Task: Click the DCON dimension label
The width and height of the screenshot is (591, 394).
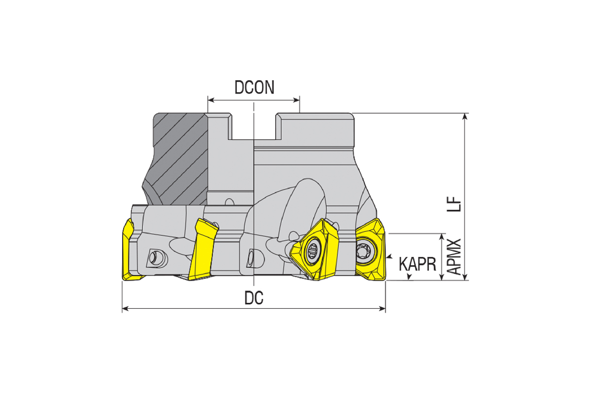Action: click(254, 87)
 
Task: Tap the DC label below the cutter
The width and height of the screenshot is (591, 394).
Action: click(254, 297)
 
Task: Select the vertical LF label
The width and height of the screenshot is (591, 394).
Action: click(454, 204)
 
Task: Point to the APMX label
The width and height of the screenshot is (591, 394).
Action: click(454, 257)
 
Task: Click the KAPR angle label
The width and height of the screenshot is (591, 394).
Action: click(418, 264)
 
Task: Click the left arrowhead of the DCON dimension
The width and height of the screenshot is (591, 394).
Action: click(211, 100)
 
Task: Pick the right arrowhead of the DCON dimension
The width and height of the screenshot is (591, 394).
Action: click(296, 100)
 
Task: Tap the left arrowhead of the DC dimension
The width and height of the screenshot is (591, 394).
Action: click(125, 308)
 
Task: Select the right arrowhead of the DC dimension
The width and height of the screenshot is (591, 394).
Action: click(382, 308)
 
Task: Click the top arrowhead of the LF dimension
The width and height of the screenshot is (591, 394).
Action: click(465, 116)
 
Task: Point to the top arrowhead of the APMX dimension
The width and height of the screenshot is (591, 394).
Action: click(441, 237)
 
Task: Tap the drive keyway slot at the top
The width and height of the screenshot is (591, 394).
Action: click(254, 126)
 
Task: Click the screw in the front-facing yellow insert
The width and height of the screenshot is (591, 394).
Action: click(313, 250)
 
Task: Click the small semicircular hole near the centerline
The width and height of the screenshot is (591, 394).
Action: click(230, 202)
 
